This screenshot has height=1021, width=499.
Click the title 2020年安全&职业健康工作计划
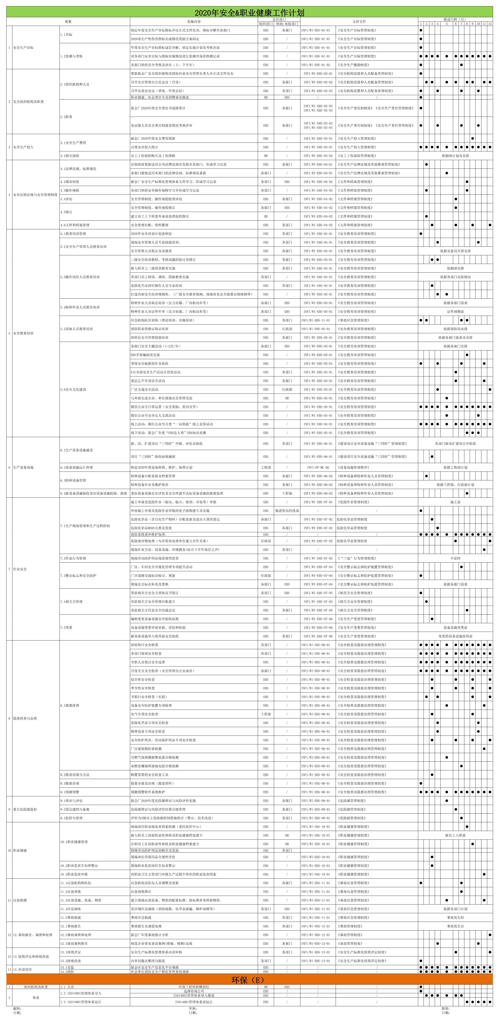(249, 13)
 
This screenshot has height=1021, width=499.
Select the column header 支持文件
(359, 21)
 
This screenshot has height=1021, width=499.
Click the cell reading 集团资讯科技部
(287, 511)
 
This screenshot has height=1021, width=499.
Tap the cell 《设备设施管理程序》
(353, 468)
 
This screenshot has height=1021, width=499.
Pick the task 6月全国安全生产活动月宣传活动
(156, 372)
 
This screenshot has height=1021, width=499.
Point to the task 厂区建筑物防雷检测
(147, 749)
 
